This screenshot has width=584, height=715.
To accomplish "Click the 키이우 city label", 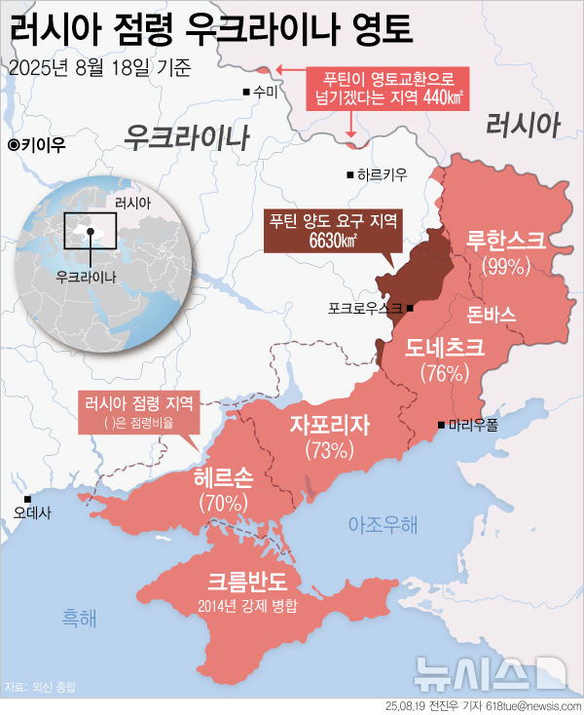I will tap(42, 145).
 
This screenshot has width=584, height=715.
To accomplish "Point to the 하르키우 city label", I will tap(383, 175).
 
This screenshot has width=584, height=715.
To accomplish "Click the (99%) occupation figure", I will tap(504, 265).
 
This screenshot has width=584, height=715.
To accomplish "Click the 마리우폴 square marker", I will tap(442, 424).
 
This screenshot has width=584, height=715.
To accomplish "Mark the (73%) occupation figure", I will tap(328, 450).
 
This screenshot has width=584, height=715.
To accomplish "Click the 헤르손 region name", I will tap(223, 477).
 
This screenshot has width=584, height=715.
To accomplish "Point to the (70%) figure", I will tap(223, 503).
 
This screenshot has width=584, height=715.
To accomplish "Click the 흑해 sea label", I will tap(81, 617).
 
